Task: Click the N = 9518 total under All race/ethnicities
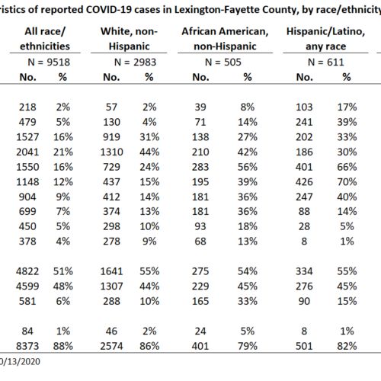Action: click(49, 62)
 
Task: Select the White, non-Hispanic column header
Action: click(129, 39)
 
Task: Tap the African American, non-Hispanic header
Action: click(225, 39)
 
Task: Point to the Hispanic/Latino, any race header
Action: click(325, 39)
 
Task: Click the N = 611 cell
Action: click(325, 62)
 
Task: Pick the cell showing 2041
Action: click(27, 152)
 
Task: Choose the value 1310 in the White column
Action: click(111, 152)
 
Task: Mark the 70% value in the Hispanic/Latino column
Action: click(347, 182)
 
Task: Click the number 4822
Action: click(27, 271)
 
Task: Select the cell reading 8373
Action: click(27, 346)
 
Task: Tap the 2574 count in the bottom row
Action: click(111, 346)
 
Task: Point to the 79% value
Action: click(248, 346)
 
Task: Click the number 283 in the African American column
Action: click(200, 167)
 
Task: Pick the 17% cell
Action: click(347, 107)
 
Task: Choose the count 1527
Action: click(27, 137)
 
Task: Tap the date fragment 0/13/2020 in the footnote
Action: click(20, 362)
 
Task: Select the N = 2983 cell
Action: click(135, 62)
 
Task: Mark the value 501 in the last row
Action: click(304, 346)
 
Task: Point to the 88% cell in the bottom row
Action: click(63, 346)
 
